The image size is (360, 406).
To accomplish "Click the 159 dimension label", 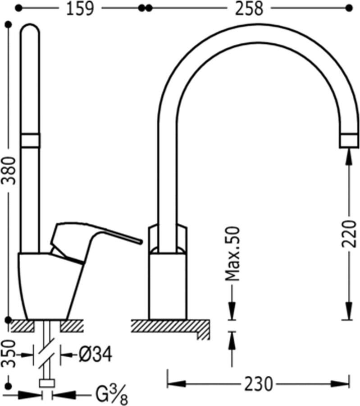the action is (x=80, y=9).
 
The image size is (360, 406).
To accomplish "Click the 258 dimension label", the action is (x=249, y=9).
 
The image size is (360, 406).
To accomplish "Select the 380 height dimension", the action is (x=9, y=171).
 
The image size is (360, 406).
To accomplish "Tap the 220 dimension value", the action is (x=349, y=234).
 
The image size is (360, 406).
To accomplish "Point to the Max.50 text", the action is (x=232, y=254).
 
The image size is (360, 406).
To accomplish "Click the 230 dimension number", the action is (x=259, y=384).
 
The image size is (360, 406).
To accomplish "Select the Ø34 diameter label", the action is (x=96, y=355).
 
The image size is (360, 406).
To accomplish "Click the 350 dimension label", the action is (x=9, y=354).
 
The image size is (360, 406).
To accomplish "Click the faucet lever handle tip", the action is (x=141, y=242).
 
